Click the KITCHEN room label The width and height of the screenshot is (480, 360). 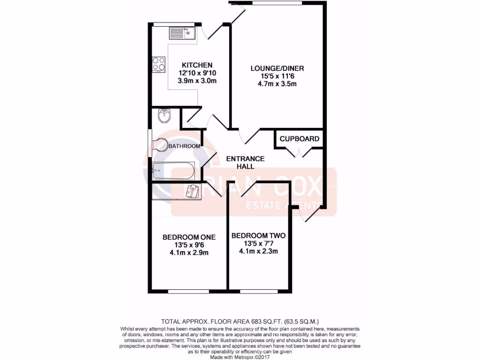[197, 65]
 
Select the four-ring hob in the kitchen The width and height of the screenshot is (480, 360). [158, 63]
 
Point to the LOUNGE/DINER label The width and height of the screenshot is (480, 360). [277, 68]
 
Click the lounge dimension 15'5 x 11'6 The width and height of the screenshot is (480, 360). [277, 76]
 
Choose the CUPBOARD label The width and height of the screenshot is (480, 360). [300, 139]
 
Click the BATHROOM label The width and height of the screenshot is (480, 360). [184, 146]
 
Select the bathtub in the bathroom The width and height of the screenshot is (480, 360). [173, 171]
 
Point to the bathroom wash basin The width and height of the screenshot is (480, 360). [164, 116]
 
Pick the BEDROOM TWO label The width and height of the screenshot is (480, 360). [258, 236]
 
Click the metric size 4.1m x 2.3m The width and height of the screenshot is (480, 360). [258, 251]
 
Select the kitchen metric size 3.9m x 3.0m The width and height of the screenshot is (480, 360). [197, 80]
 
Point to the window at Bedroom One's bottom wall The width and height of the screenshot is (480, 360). [188, 292]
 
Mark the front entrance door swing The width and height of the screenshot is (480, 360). [309, 213]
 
